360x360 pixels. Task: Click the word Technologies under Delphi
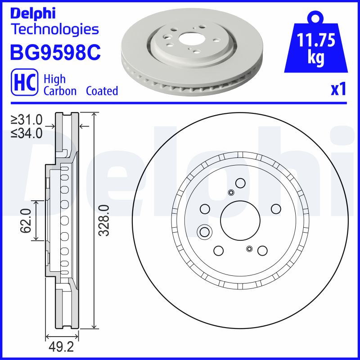coord(54,30)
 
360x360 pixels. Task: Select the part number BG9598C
coord(55,53)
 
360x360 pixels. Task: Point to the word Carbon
coord(60,91)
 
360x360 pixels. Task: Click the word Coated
coord(102,91)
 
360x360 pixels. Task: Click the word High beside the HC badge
coord(54,79)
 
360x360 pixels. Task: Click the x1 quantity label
coord(338,90)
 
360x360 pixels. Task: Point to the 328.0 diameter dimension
coord(104,220)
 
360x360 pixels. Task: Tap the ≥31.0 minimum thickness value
coord(27,120)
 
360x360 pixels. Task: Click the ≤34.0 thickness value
coord(27,133)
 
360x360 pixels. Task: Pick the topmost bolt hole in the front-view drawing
coord(240,183)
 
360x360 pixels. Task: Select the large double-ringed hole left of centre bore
coord(205,232)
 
